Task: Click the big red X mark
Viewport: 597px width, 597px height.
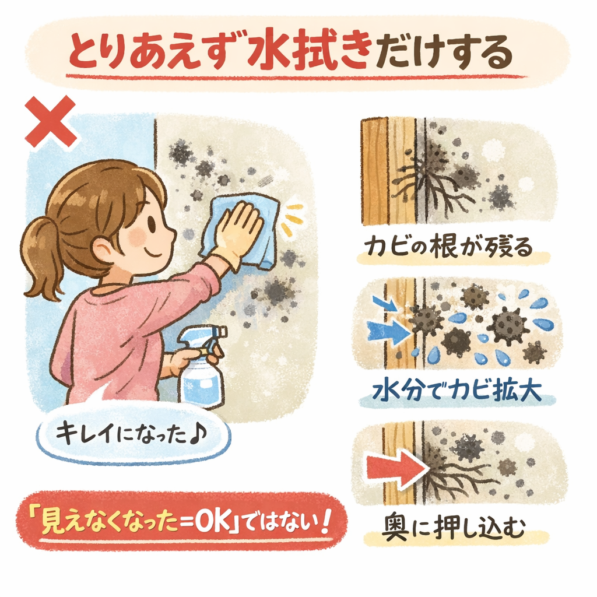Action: click(x=50, y=121)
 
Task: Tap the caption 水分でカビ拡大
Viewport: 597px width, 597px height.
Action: click(x=457, y=389)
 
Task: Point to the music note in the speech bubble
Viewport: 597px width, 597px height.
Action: click(x=198, y=434)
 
